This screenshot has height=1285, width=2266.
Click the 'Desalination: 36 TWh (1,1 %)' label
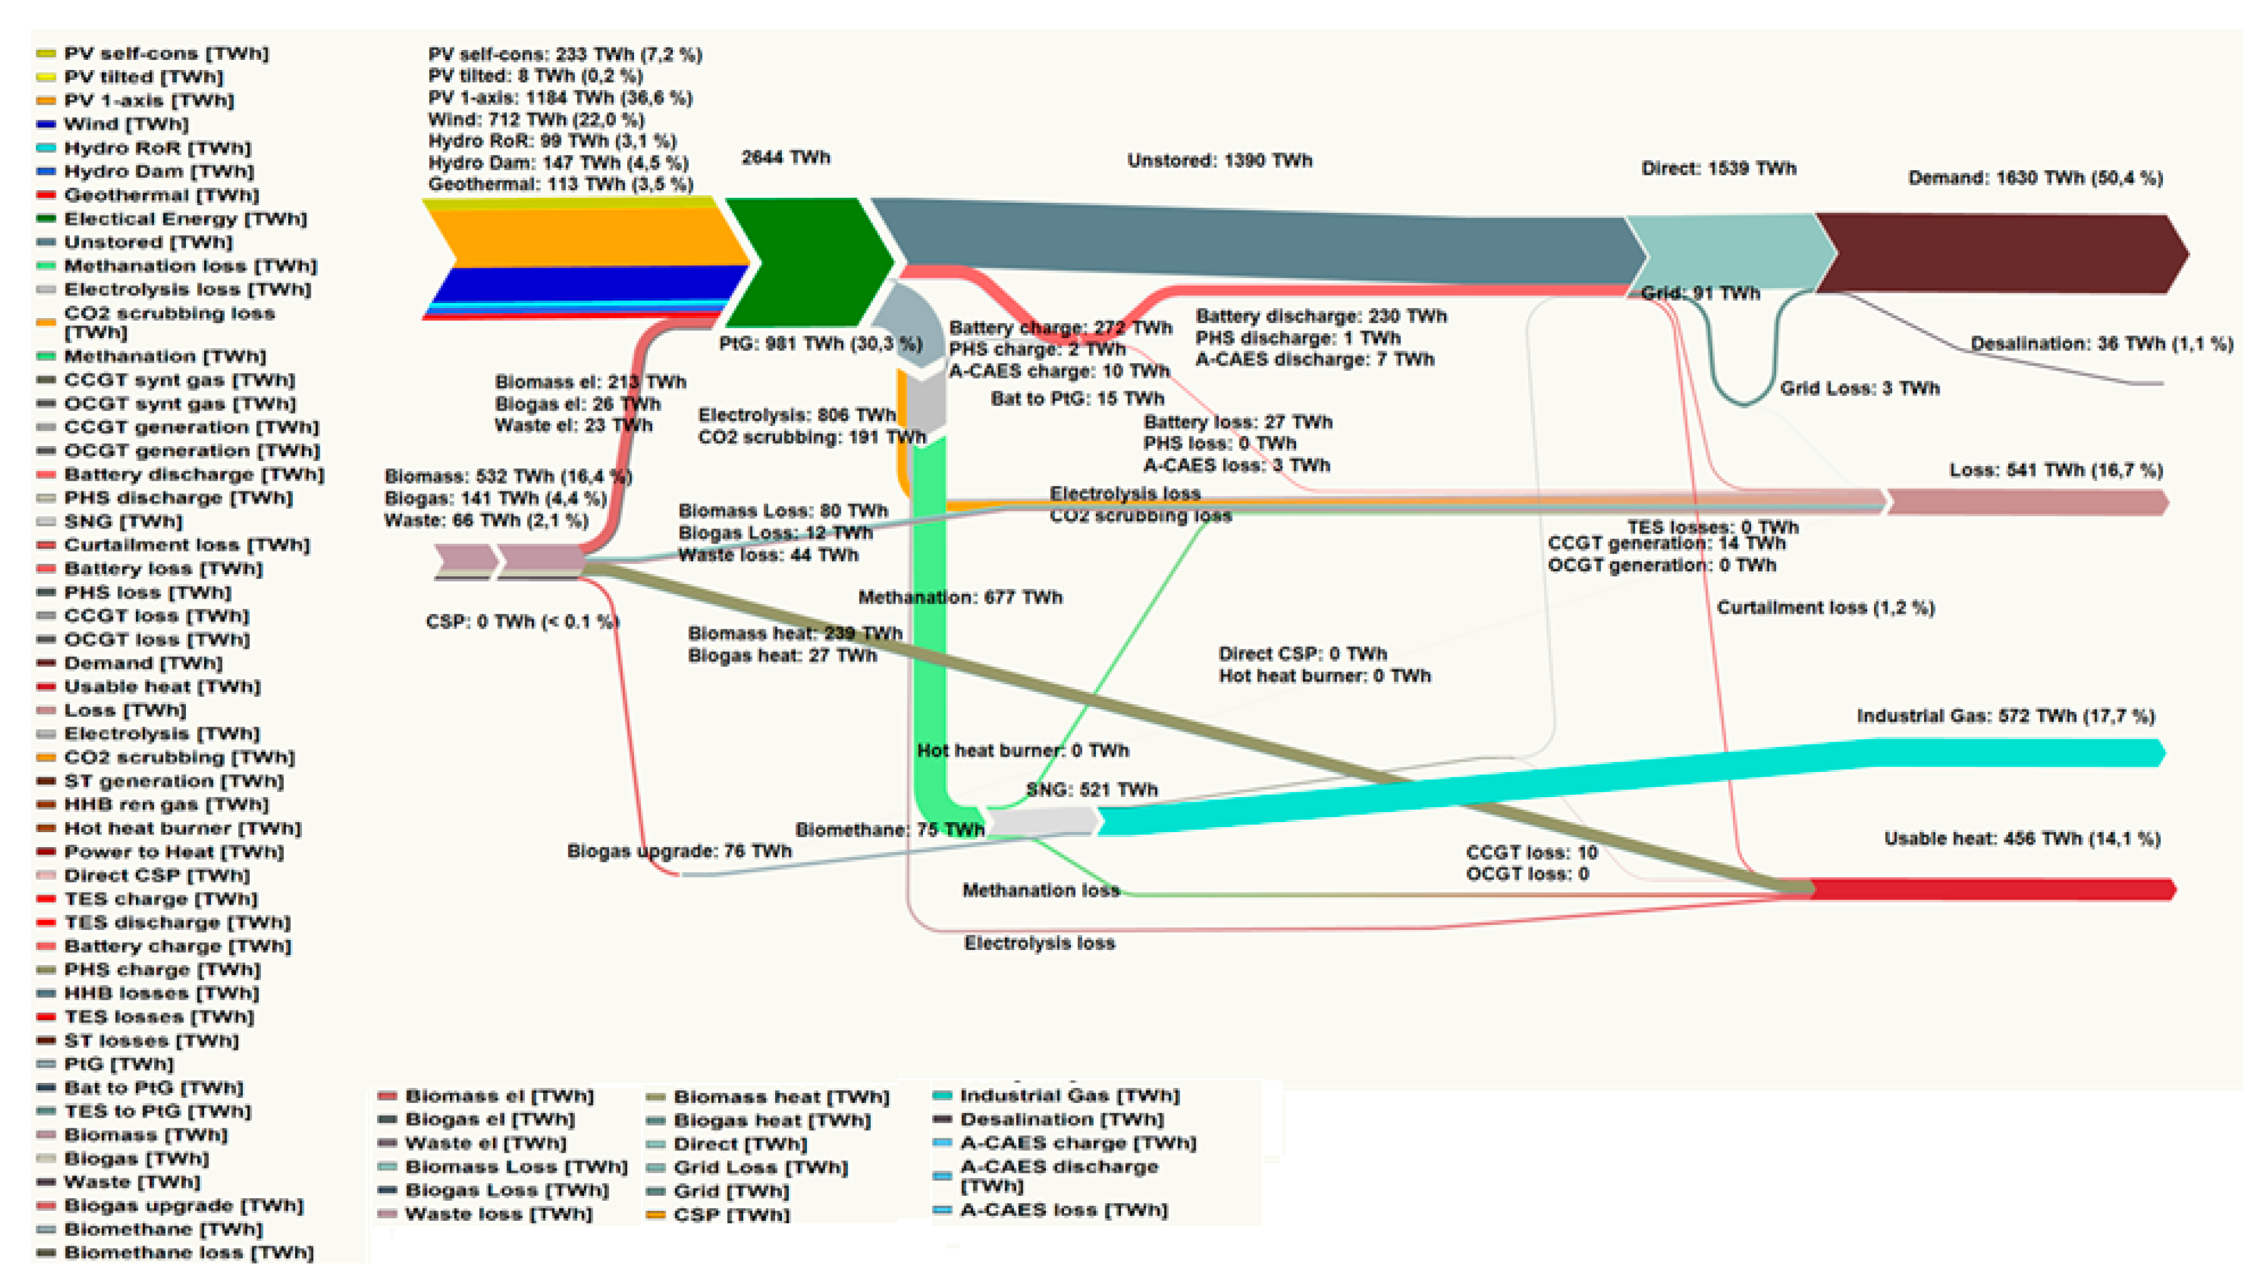2101,343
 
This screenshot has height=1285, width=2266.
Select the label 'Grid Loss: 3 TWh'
1859,389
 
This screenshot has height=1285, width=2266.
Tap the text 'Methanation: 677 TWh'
960,598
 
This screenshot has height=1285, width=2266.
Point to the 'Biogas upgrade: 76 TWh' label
679,851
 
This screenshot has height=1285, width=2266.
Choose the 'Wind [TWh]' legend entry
125,124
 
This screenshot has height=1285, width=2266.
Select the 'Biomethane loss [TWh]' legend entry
188,1253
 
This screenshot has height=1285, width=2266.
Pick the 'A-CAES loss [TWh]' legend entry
1063,1210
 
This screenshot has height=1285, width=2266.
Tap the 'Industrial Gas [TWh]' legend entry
1069,1095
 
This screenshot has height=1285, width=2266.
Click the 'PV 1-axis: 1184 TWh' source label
560,98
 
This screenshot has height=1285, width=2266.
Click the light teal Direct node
1726,251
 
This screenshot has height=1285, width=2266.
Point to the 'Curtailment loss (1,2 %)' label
1825,608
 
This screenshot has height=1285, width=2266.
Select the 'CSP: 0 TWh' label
522,622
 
